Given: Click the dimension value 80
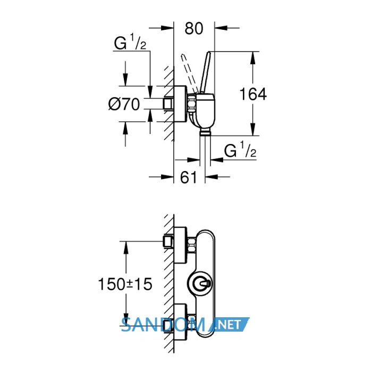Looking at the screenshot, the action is tap(194, 29).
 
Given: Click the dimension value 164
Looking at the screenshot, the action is tap(253, 94).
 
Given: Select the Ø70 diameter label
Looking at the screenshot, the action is tap(124, 104).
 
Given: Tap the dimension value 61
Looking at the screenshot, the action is tap(189, 177).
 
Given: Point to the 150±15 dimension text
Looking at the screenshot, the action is tap(125, 284).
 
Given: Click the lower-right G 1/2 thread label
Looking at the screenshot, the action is tap(240, 149).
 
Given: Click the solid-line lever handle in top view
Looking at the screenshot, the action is tap(206, 72).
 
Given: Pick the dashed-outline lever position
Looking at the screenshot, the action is tap(189, 74).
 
